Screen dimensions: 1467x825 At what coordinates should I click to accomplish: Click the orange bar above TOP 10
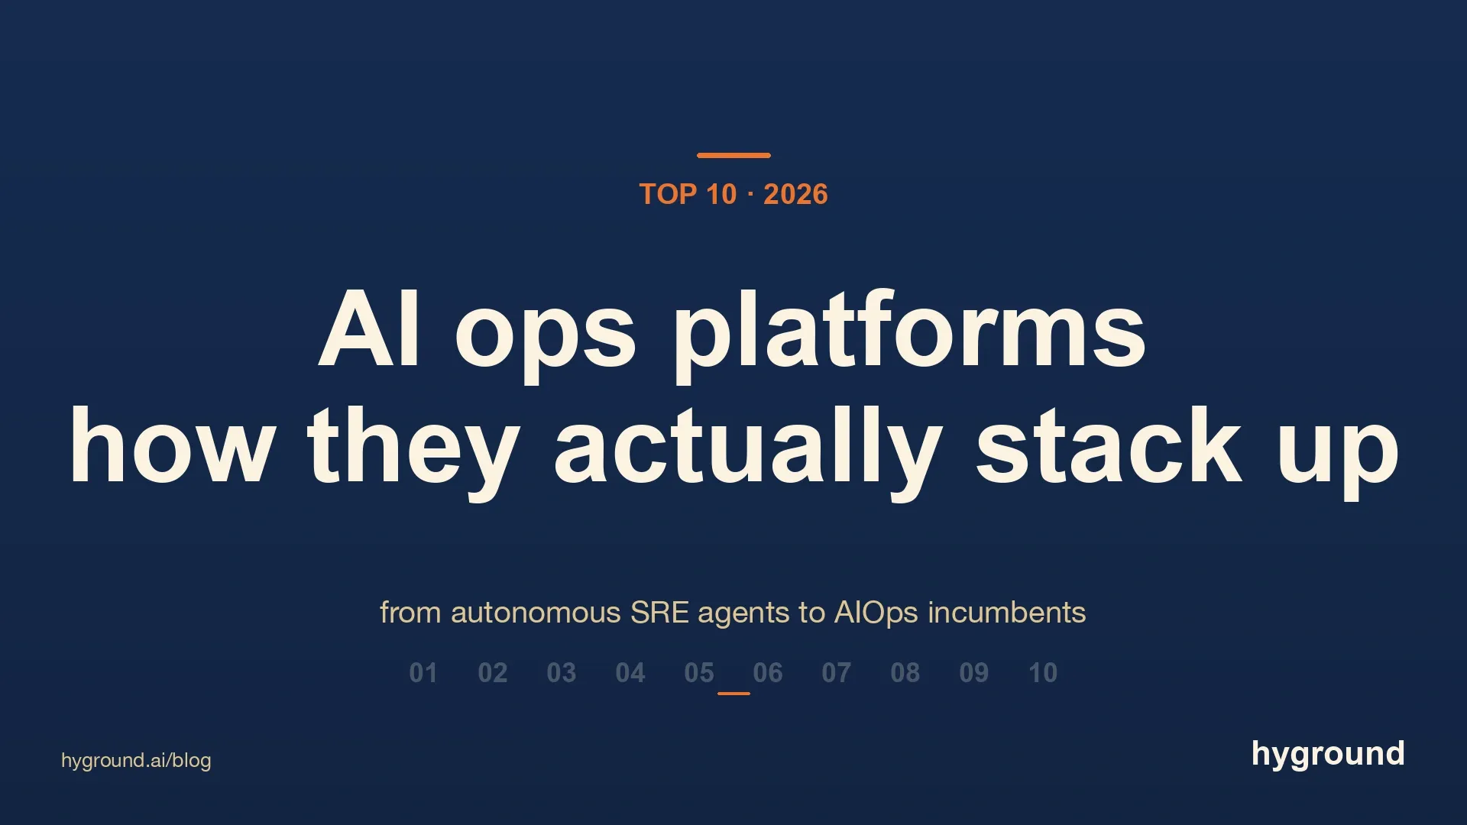click(x=733, y=155)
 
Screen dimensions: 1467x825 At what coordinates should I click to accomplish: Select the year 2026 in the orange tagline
click(x=795, y=194)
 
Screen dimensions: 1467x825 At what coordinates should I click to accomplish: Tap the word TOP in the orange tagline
click(x=668, y=194)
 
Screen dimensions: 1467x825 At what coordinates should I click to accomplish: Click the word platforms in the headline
click(x=908, y=333)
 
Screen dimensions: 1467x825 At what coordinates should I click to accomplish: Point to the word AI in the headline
click(x=369, y=328)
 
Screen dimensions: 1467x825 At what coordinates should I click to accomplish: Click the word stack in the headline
click(x=1109, y=445)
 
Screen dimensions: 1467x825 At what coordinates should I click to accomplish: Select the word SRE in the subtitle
click(x=659, y=613)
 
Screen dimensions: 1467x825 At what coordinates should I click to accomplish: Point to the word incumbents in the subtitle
click(x=1007, y=613)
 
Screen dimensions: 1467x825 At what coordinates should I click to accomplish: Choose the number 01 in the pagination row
click(x=423, y=673)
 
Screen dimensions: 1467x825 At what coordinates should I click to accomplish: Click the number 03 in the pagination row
click(x=562, y=673)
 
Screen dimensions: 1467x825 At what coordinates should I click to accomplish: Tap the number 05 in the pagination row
click(x=699, y=673)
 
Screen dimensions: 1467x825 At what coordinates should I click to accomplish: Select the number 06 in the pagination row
click(x=768, y=673)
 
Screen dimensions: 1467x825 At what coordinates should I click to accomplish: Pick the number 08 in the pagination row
click(x=905, y=673)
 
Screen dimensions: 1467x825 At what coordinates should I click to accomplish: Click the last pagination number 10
click(x=1043, y=673)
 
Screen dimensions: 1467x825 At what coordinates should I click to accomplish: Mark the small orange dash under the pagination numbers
click(x=733, y=694)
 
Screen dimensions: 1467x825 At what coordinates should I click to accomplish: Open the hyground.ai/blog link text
click(x=136, y=761)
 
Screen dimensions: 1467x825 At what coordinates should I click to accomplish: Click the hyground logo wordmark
click(x=1328, y=755)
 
